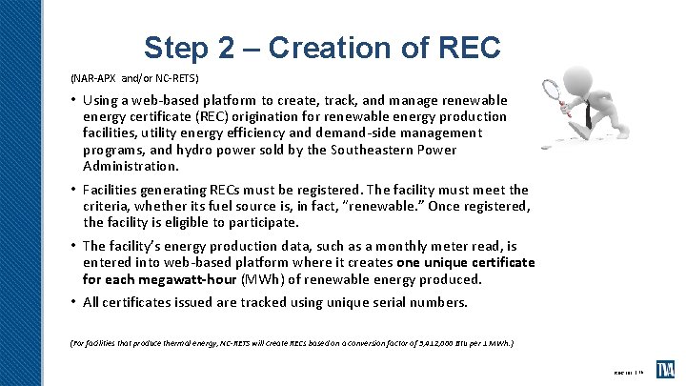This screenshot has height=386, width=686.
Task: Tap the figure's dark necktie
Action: tap(590, 114)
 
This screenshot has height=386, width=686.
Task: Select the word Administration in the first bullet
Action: tap(125, 165)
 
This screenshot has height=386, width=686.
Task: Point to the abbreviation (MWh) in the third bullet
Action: tap(236, 279)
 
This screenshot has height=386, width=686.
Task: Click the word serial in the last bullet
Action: tap(361, 303)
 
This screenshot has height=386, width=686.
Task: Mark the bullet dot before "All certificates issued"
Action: tap(73, 303)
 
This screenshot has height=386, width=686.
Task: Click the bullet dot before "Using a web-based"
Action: tap(73, 100)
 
